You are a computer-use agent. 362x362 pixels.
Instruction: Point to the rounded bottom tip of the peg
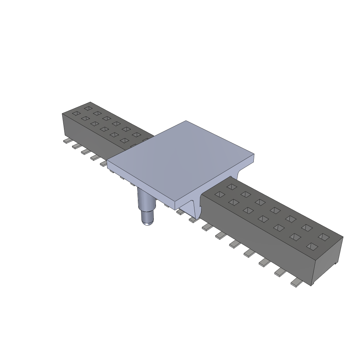[147, 222]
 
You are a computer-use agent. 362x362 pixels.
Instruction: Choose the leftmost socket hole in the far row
[88, 108]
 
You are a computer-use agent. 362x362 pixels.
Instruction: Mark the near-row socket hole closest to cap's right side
[220, 194]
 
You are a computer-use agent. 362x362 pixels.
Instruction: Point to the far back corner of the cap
[186, 121]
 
